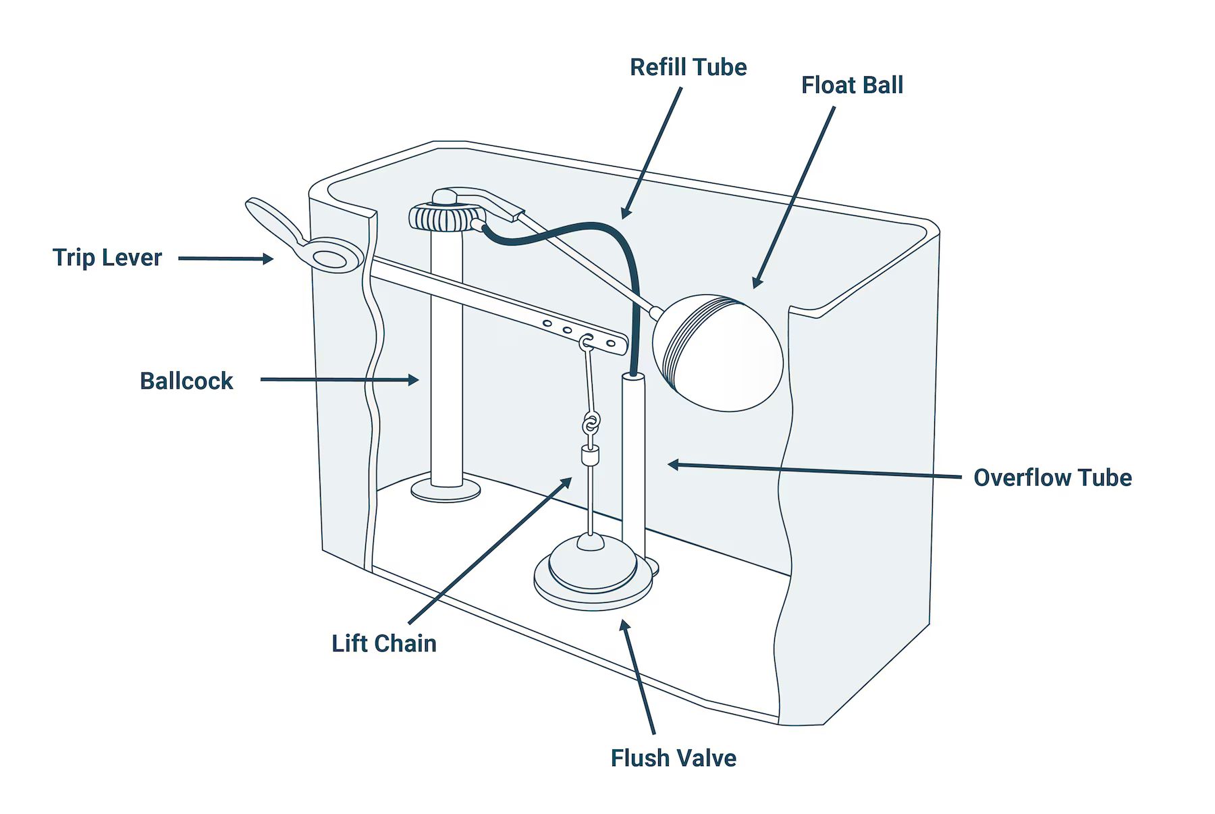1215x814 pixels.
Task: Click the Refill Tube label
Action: point(688,67)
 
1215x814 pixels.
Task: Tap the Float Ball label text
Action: point(852,86)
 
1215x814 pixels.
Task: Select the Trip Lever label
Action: point(107,258)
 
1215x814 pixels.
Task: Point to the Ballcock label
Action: point(186,381)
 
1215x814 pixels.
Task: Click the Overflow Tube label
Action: point(1052,478)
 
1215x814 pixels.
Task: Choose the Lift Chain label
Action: point(383,643)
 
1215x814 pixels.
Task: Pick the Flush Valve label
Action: point(673,758)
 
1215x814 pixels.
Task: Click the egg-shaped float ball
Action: point(719,354)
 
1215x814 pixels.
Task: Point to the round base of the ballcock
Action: point(446,491)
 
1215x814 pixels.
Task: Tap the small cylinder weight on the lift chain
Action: point(591,457)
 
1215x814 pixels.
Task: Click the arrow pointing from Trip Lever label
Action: point(225,259)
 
